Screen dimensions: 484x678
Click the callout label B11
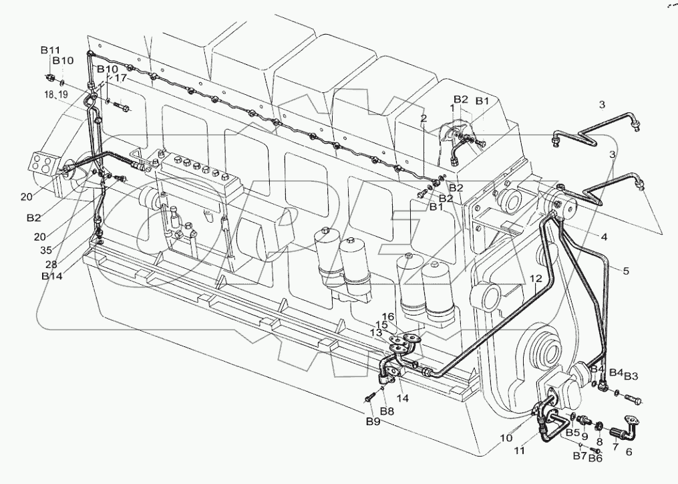pos(50,50)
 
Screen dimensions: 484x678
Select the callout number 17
pos(120,78)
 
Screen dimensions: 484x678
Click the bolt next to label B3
pos(633,400)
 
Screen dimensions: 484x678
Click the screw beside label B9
pos(369,399)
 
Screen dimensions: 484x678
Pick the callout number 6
pos(628,451)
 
